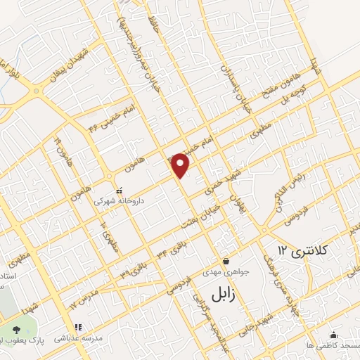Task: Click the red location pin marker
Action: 181,165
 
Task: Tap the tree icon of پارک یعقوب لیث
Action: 16,329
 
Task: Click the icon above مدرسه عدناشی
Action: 78,327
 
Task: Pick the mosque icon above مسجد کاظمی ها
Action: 333,335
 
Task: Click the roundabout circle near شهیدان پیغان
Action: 34,91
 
